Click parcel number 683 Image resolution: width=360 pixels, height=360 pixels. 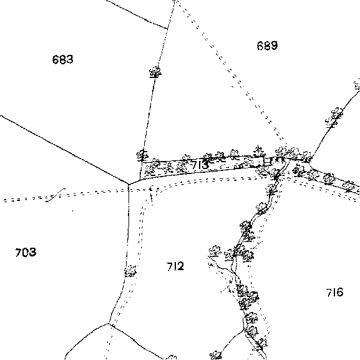pyautogui.click(x=62, y=59)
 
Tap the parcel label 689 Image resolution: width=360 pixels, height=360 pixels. pyautogui.click(x=267, y=46)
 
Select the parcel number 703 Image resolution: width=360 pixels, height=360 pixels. pyautogui.click(x=26, y=252)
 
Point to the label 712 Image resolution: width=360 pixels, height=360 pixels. pyautogui.click(x=175, y=266)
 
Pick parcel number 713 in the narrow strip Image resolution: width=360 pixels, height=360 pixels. pyautogui.click(x=200, y=165)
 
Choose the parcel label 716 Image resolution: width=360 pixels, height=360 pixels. pyautogui.click(x=334, y=292)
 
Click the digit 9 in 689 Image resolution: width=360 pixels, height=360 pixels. pyautogui.click(x=274, y=46)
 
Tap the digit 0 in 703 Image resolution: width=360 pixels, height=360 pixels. pyautogui.click(x=26, y=252)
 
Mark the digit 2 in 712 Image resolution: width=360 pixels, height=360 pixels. pyautogui.click(x=180, y=266)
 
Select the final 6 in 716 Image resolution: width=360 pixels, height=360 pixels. pyautogui.click(x=339, y=292)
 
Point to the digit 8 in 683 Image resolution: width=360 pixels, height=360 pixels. pyautogui.click(x=62, y=59)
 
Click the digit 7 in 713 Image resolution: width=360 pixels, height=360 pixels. pyautogui.click(x=195, y=165)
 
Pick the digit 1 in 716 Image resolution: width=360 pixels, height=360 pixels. pyautogui.click(x=334, y=292)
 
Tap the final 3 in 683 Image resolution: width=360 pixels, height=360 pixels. pyautogui.click(x=70, y=59)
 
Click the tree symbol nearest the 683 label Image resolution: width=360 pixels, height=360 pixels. pyautogui.click(x=155, y=72)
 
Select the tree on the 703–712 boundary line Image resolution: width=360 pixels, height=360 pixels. pyautogui.click(x=130, y=271)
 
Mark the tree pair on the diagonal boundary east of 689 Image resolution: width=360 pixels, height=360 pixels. pyautogui.click(x=334, y=117)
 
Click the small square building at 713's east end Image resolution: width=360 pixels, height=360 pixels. pyautogui.click(x=267, y=161)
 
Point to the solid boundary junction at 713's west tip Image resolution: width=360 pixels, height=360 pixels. pyautogui.click(x=129, y=184)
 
